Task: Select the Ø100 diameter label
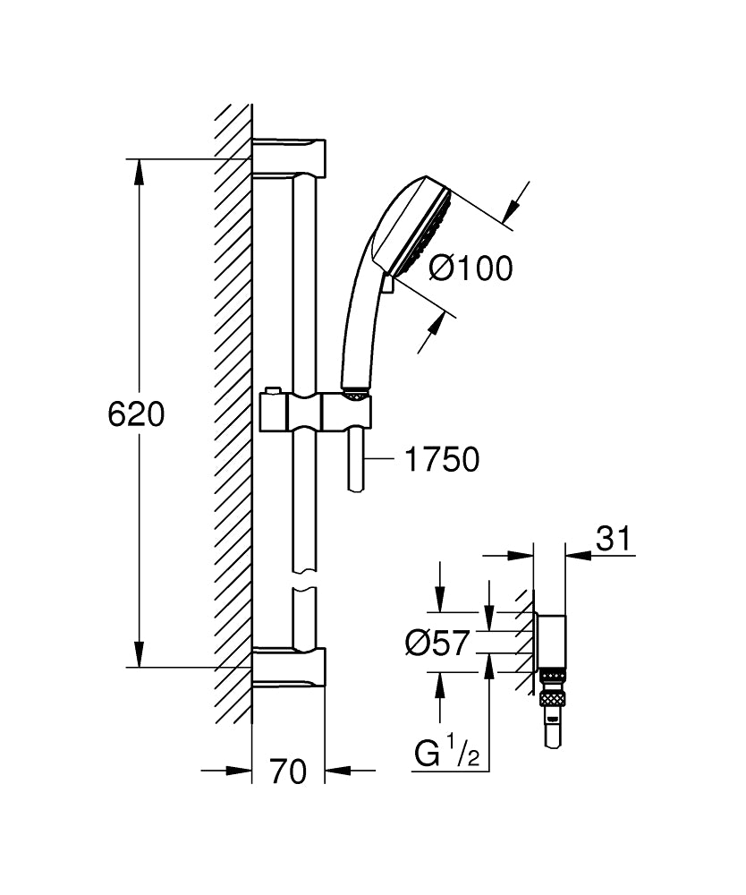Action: (x=470, y=268)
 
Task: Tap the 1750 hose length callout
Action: (x=442, y=460)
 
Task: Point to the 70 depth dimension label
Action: (x=287, y=771)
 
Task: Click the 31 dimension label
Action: (x=614, y=539)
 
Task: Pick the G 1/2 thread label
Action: (x=448, y=755)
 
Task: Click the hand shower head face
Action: (x=428, y=226)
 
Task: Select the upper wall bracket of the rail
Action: (x=288, y=157)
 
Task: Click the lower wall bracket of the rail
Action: (x=288, y=667)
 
